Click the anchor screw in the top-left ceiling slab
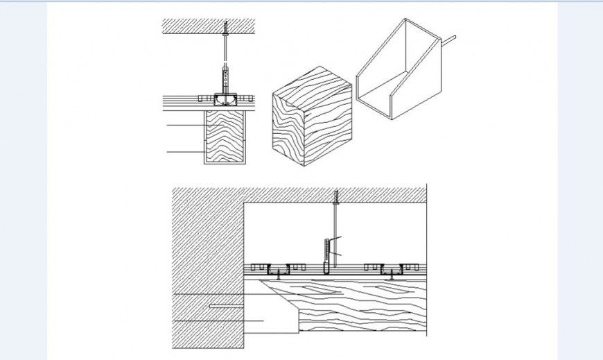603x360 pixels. (227, 29)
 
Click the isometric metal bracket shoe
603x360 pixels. (399, 69)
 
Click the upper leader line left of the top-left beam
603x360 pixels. (184, 124)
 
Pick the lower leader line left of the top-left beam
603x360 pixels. (184, 151)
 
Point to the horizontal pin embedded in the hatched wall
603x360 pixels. (225, 305)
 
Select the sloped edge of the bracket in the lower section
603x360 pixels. (281, 295)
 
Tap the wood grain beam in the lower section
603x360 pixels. (360, 305)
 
